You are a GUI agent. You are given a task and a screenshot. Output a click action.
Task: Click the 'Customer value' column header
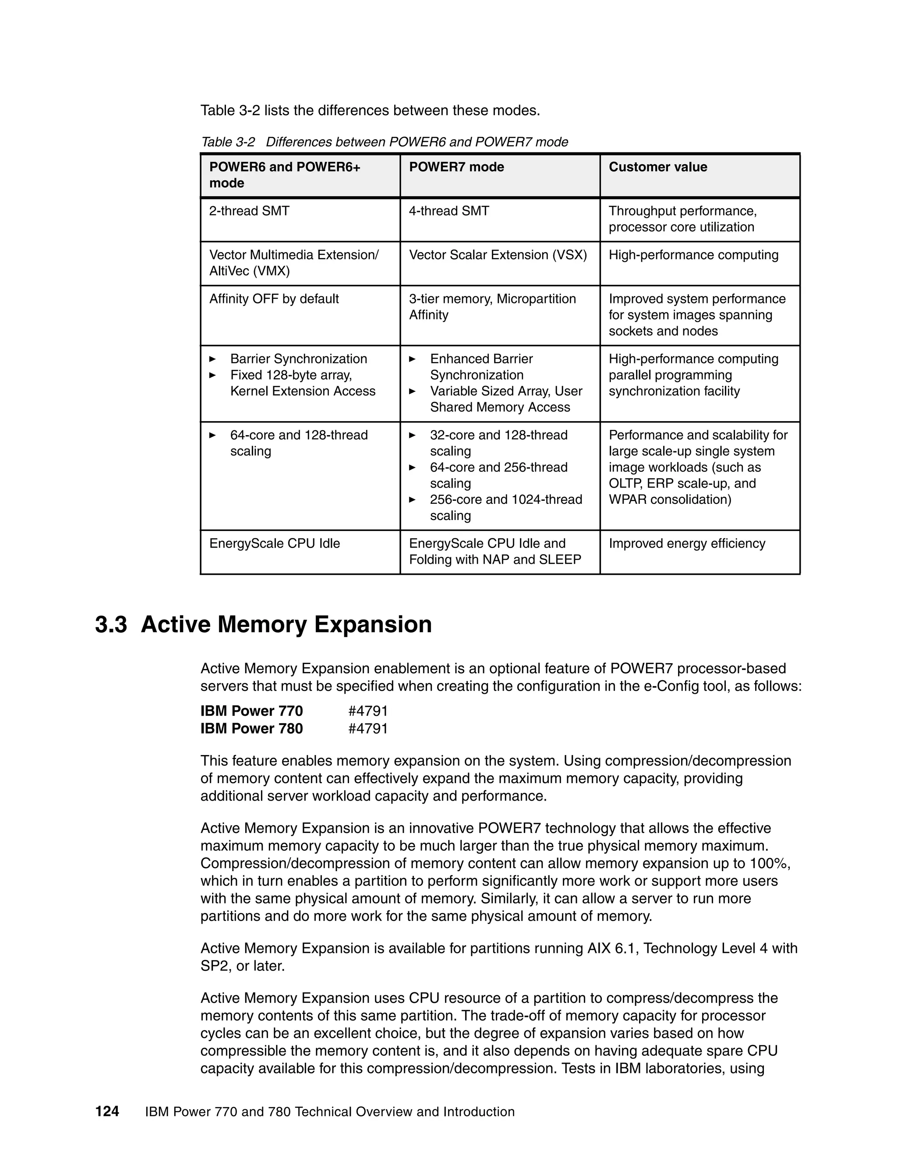click(x=657, y=167)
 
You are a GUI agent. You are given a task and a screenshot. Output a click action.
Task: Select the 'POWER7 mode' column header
click(x=456, y=167)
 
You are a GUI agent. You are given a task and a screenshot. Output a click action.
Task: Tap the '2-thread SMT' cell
click(x=249, y=211)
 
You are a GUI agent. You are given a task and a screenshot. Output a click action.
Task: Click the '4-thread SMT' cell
click(x=448, y=211)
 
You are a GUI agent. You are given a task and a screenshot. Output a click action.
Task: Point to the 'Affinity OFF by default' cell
click(x=274, y=299)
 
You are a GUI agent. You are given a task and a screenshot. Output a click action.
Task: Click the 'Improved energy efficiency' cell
click(x=687, y=543)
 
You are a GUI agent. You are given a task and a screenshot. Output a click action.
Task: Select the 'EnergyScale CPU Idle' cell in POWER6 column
click(x=274, y=543)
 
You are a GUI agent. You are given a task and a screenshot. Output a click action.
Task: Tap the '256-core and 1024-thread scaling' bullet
click(x=505, y=507)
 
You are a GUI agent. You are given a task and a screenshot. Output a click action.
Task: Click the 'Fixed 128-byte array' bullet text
click(x=291, y=375)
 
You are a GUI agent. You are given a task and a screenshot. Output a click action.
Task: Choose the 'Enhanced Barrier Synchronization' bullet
click(x=481, y=366)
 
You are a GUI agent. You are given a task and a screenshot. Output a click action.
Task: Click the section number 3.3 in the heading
click(x=111, y=624)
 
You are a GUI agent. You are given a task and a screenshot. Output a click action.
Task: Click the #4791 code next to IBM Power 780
click(x=368, y=728)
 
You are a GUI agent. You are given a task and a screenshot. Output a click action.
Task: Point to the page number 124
click(x=107, y=1112)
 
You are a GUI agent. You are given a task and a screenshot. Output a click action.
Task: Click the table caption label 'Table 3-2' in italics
click(x=227, y=142)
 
